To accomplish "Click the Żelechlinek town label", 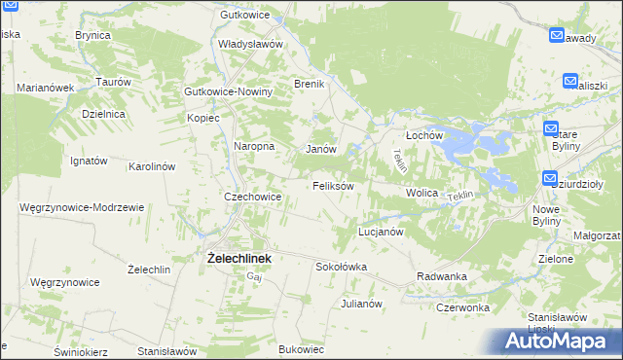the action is click(238, 259).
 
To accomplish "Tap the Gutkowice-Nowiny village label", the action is click(229, 91).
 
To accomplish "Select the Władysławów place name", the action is click(250, 44).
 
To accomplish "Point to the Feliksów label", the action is click(332, 185).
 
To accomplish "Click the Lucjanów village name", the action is click(381, 233).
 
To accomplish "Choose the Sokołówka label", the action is click(341, 266).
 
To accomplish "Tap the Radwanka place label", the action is click(442, 276).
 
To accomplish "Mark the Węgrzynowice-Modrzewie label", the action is click(82, 207).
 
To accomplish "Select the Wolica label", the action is click(422, 193).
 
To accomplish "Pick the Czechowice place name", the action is click(253, 197).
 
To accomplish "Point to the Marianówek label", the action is click(46, 88).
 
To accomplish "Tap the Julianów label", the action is click(360, 304).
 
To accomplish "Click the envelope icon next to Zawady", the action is click(557, 36).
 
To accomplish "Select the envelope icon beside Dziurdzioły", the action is click(551, 179).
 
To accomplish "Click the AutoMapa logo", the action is click(560, 341).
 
